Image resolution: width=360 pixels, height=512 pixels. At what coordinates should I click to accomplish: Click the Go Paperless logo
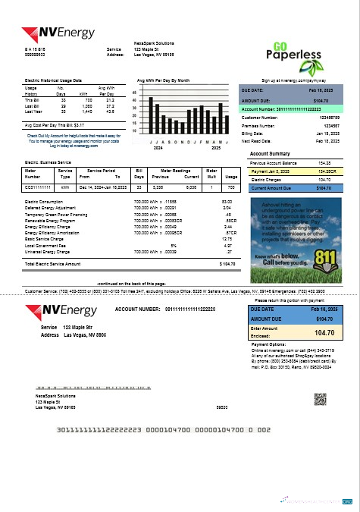click(297, 51)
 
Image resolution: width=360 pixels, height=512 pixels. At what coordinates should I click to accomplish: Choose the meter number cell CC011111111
click(37, 186)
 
